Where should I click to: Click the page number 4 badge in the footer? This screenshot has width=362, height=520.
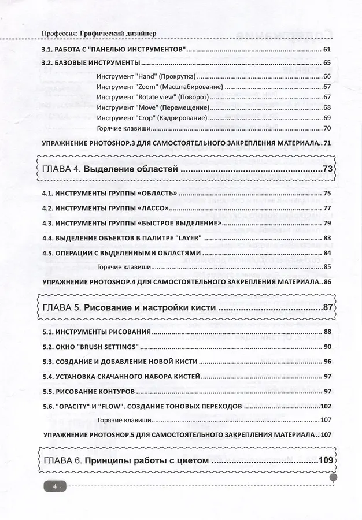tap(54, 487)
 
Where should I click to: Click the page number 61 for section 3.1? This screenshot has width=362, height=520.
tap(327, 50)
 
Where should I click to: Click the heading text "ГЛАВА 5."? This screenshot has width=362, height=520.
tap(62, 309)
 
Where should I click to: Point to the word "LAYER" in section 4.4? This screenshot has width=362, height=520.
tap(184, 237)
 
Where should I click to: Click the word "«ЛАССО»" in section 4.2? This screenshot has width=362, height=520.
tap(155, 208)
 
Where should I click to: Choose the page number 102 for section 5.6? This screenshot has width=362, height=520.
tap(325, 406)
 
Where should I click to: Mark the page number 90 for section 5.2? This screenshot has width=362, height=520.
tap(327, 347)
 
